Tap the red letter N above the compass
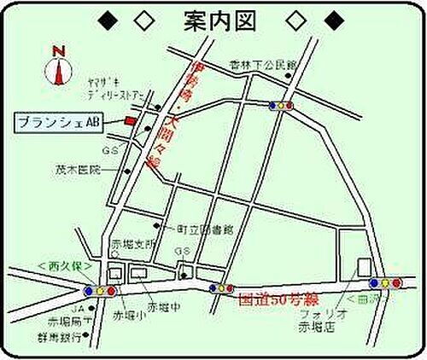(59, 50)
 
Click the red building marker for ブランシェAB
(131, 121)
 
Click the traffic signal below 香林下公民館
(281, 106)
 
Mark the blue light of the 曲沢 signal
(373, 282)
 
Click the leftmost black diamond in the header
(107, 20)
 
